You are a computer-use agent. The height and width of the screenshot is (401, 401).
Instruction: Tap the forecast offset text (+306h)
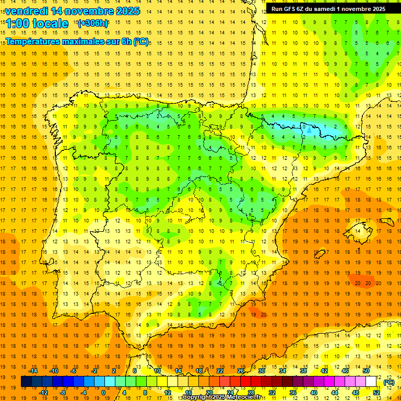[x=92, y=23]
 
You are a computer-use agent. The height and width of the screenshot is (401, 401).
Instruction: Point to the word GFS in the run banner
[x=292, y=9]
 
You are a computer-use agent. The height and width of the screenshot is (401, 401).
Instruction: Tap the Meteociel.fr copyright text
[x=221, y=397]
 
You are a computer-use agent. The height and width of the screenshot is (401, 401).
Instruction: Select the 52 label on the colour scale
[x=376, y=393]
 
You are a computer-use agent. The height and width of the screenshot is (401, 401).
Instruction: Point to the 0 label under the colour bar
[x=103, y=393]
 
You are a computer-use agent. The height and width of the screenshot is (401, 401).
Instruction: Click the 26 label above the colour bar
[x=241, y=371]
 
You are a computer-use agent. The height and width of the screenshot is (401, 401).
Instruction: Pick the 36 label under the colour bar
[x=292, y=393]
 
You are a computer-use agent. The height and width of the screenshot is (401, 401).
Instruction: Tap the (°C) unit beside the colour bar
[x=388, y=382]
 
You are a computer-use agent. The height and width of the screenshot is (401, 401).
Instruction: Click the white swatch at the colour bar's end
[x=371, y=382]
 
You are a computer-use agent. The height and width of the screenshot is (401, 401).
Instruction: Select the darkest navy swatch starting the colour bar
[x=26, y=382]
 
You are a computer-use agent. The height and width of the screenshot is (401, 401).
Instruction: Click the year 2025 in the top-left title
[x=125, y=11]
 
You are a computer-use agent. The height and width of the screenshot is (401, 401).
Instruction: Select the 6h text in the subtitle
[x=125, y=41]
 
